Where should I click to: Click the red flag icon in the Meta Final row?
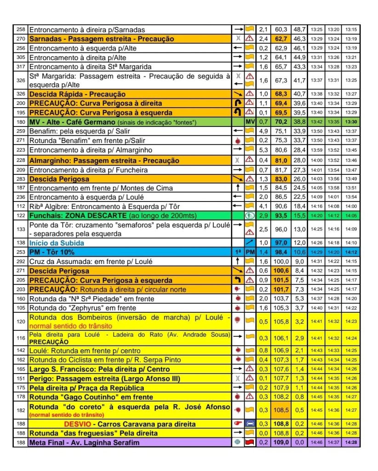(250, 442)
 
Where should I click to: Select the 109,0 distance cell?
(281, 442)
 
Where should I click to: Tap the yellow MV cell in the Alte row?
(250, 122)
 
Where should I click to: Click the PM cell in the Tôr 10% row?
(250, 252)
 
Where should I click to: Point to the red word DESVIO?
(79, 424)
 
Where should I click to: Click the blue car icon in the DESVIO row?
(250, 424)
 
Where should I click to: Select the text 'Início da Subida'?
(57, 242)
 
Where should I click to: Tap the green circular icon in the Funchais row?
(250, 215)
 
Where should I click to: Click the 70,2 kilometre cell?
(281, 122)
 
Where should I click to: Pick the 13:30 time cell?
(351, 122)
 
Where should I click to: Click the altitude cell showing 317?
(21, 67)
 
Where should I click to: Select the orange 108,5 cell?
(281, 409)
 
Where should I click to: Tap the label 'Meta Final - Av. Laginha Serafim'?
(84, 442)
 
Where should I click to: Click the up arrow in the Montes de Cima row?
(238, 187)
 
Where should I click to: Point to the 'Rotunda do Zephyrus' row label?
(77, 308)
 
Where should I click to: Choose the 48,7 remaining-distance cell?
(300, 29)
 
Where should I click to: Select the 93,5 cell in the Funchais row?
(281, 215)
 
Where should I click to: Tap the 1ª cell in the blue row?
(238, 252)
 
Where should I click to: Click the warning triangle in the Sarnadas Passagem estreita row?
(250, 39)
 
